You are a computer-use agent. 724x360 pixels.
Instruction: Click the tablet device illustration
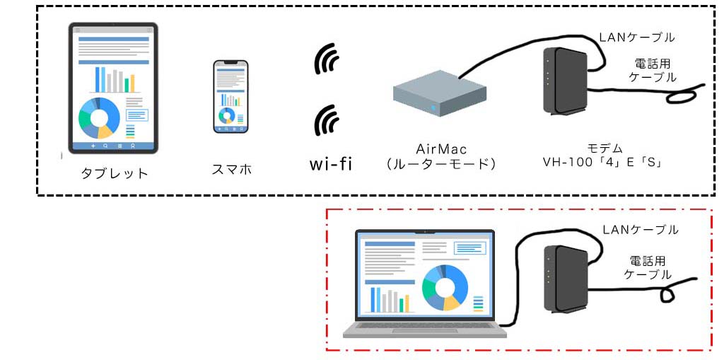pyautogui.click(x=112, y=88)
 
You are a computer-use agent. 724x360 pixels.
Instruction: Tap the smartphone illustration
pyautogui.click(x=231, y=96)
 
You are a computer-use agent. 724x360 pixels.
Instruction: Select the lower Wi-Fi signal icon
pyautogui.click(x=326, y=120)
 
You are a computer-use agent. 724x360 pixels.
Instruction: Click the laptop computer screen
pyautogui.click(x=425, y=276)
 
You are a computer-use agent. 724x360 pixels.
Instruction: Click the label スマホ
pyautogui.click(x=231, y=170)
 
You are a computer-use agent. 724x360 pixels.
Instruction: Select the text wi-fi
pyautogui.click(x=331, y=165)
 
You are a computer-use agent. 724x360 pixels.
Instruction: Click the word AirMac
pyautogui.click(x=442, y=149)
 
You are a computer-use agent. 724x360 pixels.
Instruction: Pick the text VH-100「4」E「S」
pyautogui.click(x=601, y=163)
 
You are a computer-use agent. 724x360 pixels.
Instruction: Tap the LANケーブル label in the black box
pyautogui.click(x=636, y=37)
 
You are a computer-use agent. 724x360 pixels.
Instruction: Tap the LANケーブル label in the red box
pyautogui.click(x=641, y=229)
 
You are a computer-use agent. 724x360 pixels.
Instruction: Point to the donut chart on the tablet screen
pyautogui.click(x=99, y=117)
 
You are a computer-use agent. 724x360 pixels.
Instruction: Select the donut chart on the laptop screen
pyautogui.click(x=445, y=287)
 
